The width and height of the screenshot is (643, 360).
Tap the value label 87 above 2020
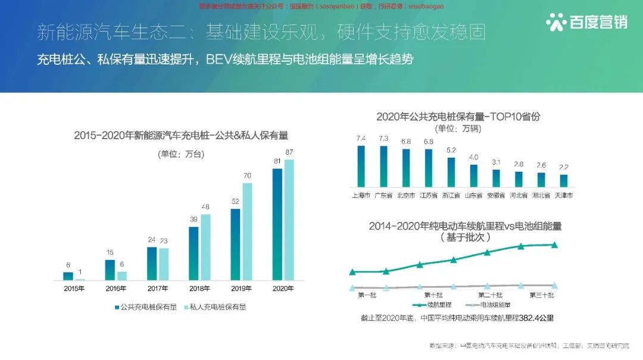[289, 152]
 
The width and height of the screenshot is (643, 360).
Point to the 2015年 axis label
[74, 289]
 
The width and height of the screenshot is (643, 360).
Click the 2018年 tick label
[199, 289]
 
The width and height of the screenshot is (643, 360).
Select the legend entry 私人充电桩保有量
[214, 307]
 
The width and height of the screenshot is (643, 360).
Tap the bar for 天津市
[564, 180]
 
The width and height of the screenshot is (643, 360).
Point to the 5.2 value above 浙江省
[451, 150]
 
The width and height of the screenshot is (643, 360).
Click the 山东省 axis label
[474, 195]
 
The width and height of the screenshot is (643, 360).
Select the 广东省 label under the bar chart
[383, 195]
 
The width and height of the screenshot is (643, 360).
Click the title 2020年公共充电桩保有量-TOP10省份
[458, 117]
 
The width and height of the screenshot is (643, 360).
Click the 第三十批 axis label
[542, 295]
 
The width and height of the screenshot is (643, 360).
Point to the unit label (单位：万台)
[181, 154]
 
